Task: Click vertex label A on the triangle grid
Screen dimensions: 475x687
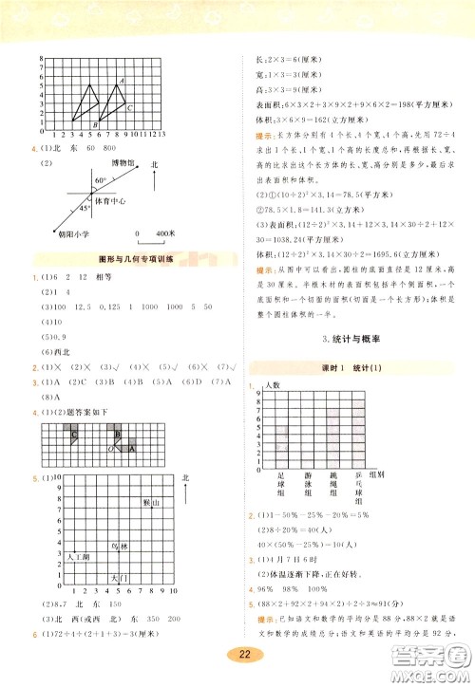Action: click(121, 81)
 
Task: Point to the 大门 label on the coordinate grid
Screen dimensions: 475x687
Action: click(119, 578)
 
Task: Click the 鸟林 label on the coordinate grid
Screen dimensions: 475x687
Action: click(120, 548)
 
